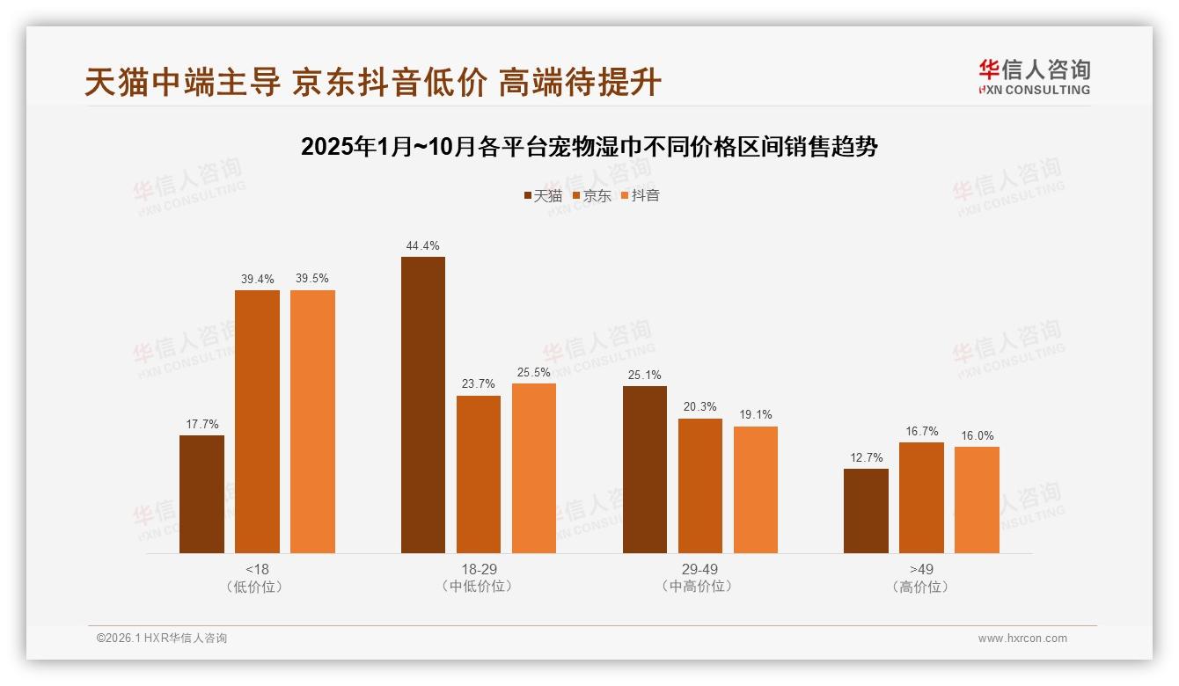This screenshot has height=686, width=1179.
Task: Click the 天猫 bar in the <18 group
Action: click(x=201, y=494)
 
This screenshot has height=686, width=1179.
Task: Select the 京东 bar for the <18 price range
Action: click(x=257, y=421)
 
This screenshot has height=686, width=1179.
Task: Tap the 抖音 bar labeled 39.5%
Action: click(x=312, y=421)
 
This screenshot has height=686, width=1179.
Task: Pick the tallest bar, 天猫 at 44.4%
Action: click(x=423, y=405)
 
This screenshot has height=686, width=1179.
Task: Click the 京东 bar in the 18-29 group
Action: click(x=479, y=474)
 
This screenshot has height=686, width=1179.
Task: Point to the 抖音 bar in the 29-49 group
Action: click(x=756, y=490)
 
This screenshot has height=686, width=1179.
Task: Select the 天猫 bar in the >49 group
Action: click(x=866, y=511)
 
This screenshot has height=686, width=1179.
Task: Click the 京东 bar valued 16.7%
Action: click(x=921, y=498)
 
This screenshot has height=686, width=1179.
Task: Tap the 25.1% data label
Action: click(x=644, y=376)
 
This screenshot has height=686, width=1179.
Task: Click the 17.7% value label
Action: click(x=201, y=425)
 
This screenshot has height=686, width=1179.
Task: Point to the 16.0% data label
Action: click(x=977, y=436)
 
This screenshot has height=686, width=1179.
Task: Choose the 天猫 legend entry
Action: click(x=542, y=195)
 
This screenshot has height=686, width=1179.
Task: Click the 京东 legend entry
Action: click(x=591, y=195)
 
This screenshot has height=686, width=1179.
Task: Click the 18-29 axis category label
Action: click(x=479, y=569)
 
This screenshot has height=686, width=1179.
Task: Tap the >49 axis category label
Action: click(x=921, y=569)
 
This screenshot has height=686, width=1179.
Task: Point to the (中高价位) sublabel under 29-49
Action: click(x=699, y=587)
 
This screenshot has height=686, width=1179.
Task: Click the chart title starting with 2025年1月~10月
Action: click(x=589, y=147)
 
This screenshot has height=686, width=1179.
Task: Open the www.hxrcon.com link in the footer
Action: click(x=1022, y=639)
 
